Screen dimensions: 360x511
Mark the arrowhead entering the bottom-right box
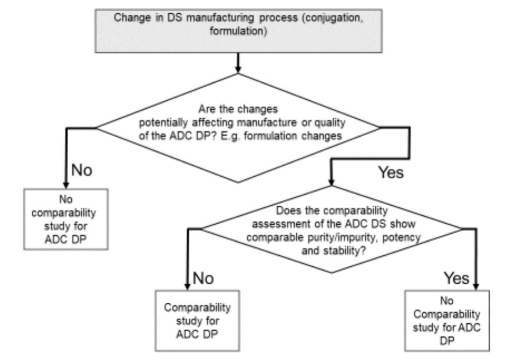[x=475, y=286]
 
